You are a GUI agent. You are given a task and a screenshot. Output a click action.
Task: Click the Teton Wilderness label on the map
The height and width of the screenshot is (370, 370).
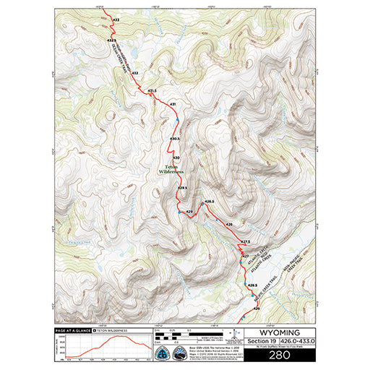(x=171, y=168)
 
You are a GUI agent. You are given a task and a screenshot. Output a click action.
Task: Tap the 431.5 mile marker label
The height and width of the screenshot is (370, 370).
(x=152, y=91)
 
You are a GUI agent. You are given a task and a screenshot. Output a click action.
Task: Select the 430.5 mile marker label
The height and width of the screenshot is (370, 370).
(x=175, y=138)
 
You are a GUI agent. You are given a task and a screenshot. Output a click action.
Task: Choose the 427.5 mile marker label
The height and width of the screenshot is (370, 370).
(x=245, y=241)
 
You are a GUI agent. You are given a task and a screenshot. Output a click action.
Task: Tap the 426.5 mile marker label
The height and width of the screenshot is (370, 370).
(x=253, y=286)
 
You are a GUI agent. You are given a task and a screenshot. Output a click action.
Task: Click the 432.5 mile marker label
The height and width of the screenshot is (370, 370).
(x=111, y=40)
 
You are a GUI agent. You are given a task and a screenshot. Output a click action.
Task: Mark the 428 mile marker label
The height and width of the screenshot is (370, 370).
(x=230, y=225)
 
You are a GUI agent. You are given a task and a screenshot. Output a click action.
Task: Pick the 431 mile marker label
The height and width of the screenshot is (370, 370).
(x=173, y=105)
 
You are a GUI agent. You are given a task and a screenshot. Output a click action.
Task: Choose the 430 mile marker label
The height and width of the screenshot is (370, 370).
(x=176, y=157)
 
